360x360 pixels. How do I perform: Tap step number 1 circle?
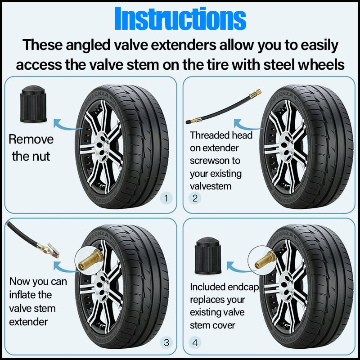[x=166, y=198]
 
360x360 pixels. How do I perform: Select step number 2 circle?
[x=195, y=198]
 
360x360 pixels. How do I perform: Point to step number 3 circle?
[x=166, y=343]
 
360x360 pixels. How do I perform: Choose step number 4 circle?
[x=195, y=343]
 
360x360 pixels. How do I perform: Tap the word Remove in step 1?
[x=31, y=139]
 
